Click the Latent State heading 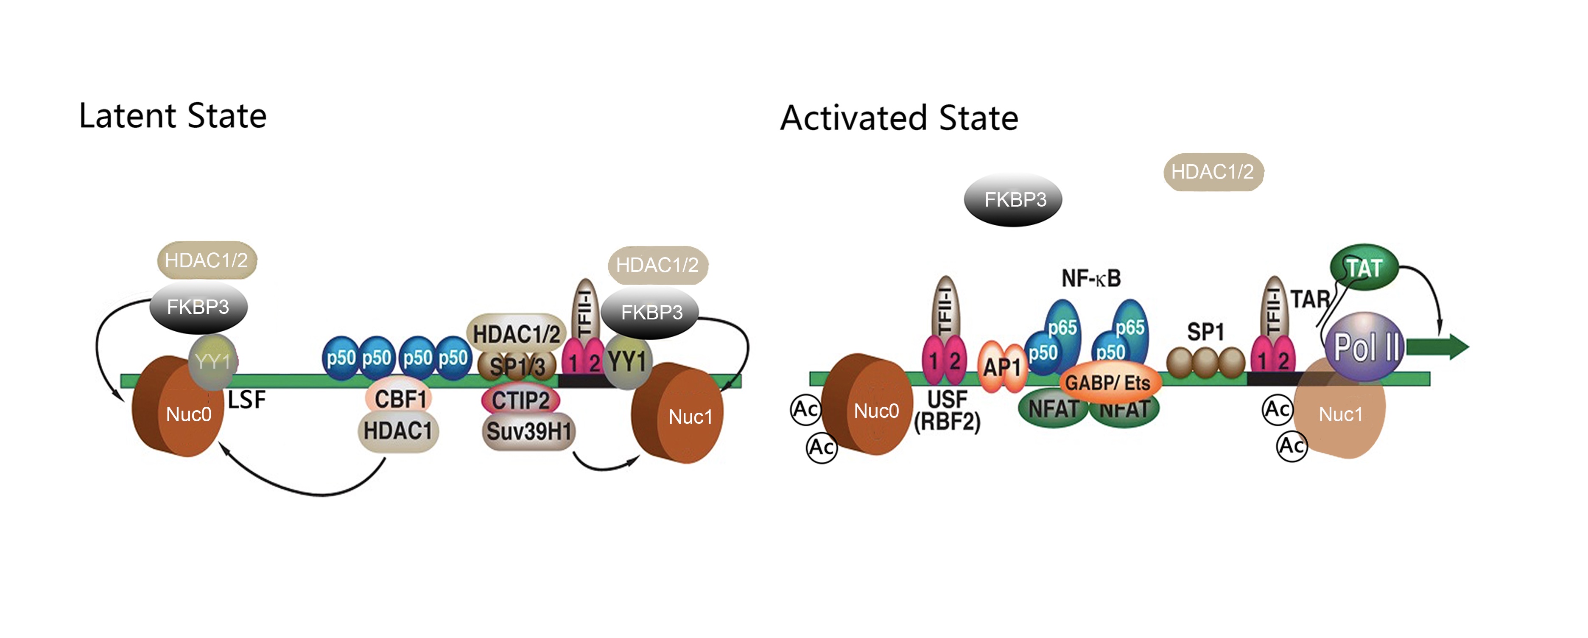pos(173,116)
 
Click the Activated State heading pos(899,118)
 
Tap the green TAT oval pos(1364,268)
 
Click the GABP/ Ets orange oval pos(1108,382)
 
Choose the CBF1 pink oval pos(400,399)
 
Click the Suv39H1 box pos(528,431)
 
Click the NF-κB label pos(1090,279)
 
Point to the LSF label pos(246,400)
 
